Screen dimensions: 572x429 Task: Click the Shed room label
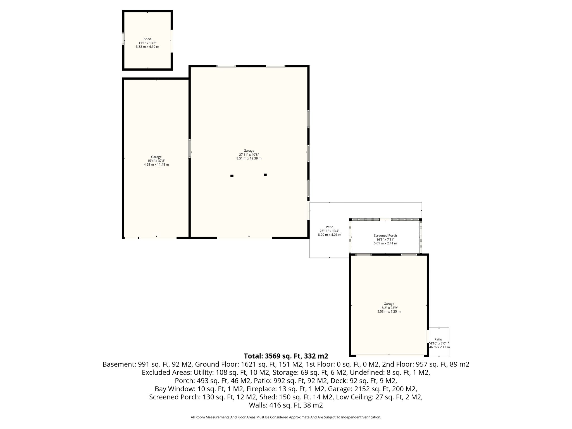point(147,39)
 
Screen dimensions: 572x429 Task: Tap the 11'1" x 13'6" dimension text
point(147,43)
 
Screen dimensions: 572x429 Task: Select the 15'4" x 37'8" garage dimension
point(156,161)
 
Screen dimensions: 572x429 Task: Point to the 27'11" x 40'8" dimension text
point(249,154)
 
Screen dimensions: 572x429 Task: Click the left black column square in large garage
point(232,176)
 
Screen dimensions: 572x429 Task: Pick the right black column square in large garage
point(265,175)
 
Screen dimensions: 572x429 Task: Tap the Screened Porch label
point(385,236)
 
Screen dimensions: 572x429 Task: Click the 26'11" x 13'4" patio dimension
point(330,231)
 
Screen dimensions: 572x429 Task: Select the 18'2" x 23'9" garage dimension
point(389,308)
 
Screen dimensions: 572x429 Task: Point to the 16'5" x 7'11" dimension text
point(385,239)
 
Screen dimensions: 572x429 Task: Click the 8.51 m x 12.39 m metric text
point(249,158)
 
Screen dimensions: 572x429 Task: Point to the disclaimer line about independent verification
point(286,417)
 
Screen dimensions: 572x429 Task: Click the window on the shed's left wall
point(123,39)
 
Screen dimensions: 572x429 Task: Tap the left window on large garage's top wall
point(226,66)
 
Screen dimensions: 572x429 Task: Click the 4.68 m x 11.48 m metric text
point(156,165)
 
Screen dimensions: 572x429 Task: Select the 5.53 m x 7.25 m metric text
point(389,311)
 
